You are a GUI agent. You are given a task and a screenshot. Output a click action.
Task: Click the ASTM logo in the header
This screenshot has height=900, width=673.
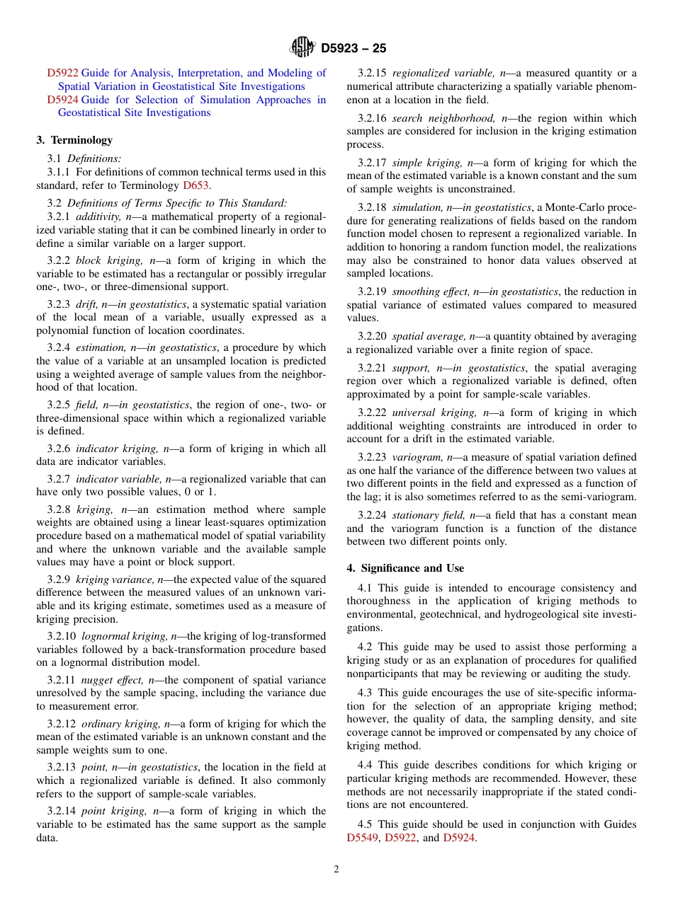[302, 48]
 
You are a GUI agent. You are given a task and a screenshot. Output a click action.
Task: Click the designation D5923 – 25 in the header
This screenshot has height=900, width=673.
[354, 49]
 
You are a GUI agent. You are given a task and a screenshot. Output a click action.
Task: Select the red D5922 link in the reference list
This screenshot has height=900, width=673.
[62, 73]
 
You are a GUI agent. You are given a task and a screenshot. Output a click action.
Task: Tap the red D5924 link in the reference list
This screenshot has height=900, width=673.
[62, 100]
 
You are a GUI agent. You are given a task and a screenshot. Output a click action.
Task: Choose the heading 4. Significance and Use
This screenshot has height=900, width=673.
[405, 568]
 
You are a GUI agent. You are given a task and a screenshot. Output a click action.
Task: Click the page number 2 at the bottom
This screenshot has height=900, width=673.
[336, 870]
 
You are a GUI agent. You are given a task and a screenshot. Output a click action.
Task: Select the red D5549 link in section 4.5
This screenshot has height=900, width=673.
[362, 838]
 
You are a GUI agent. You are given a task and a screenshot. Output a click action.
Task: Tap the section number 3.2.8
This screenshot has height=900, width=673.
[59, 509]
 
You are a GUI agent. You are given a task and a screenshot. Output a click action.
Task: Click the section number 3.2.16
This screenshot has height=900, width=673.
[372, 118]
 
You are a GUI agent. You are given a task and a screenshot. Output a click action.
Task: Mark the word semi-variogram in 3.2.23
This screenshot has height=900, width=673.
[605, 497]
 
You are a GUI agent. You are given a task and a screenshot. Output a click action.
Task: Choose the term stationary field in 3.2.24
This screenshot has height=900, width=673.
[424, 515]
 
